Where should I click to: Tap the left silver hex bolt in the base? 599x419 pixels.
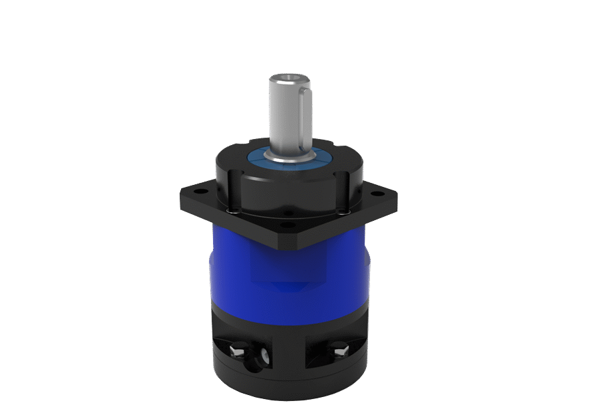click(236, 350)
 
